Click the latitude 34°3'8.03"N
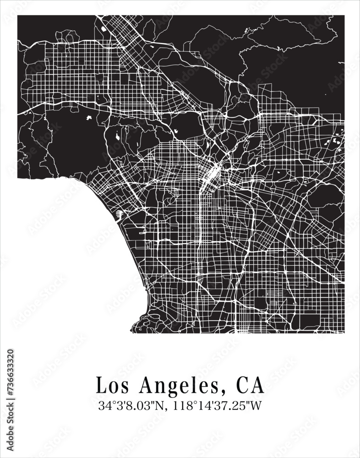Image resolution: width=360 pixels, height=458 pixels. point(134,406)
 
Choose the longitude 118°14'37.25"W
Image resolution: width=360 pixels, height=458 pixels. point(217,406)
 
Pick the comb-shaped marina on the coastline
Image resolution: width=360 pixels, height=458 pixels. point(120,213)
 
